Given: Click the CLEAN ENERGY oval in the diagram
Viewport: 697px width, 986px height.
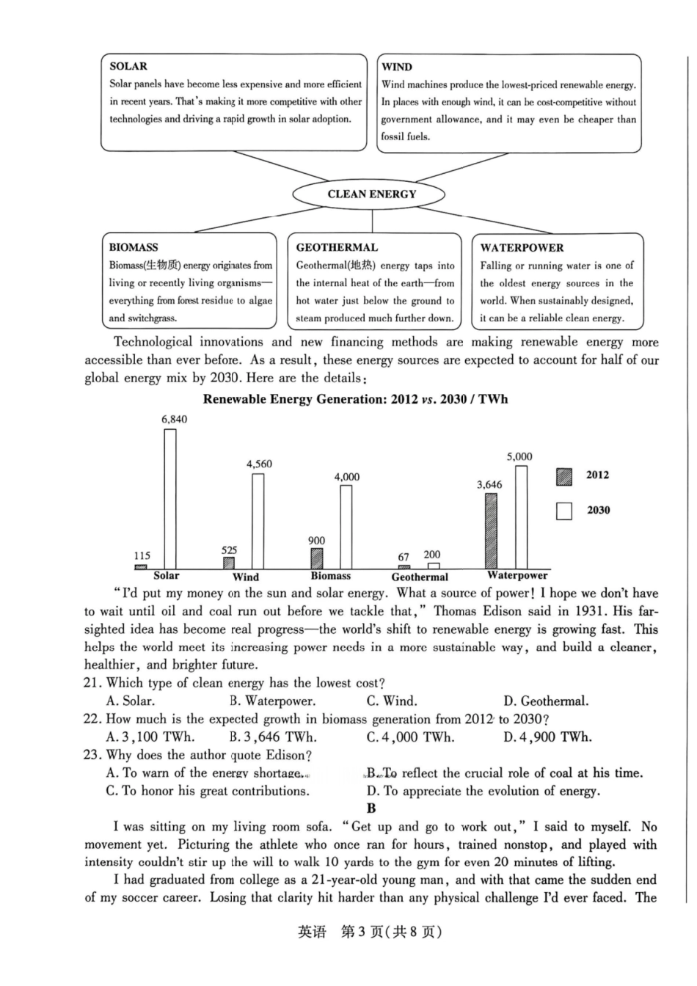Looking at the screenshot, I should [369, 194].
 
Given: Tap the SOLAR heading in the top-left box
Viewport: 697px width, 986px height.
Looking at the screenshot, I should [128, 66].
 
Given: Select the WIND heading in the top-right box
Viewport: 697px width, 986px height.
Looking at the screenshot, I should [397, 67].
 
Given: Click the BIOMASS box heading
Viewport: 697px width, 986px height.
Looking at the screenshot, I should [134, 247].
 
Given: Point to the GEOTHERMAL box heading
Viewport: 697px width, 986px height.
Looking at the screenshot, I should [337, 247].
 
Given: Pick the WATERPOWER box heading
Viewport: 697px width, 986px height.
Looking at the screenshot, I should [522, 248].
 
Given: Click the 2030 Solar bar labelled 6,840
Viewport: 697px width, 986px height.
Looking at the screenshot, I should [170, 499].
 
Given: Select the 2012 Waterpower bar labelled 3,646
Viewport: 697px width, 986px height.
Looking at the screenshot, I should [491, 531].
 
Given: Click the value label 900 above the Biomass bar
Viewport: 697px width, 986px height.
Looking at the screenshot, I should [316, 541].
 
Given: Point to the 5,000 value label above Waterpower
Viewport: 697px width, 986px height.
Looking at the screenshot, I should [519, 456].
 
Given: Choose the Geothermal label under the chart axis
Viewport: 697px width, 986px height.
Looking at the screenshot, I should [420, 577].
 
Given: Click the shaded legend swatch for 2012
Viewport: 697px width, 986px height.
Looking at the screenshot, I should [563, 476].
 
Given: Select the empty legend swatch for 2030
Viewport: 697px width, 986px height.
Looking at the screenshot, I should [563, 511].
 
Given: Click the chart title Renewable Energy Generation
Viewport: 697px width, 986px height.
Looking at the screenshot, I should [355, 399].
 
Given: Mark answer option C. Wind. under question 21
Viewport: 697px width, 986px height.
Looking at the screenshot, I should [392, 701].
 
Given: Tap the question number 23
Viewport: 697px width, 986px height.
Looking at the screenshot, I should [92, 755].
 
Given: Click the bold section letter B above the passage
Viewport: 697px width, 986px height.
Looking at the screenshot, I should [371, 808].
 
